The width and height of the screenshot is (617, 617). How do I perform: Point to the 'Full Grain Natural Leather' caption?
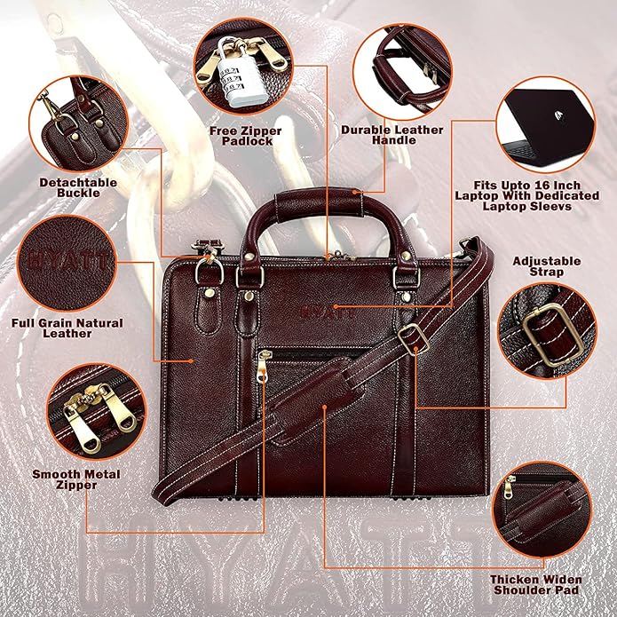[x=67, y=328]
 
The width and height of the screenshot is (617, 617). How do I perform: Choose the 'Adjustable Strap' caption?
[x=547, y=266]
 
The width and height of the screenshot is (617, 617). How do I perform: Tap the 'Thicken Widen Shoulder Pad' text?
[x=536, y=584]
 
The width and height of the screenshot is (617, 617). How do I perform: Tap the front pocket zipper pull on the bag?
[x=263, y=365]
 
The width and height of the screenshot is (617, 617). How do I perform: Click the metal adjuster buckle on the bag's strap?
[x=409, y=336]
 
